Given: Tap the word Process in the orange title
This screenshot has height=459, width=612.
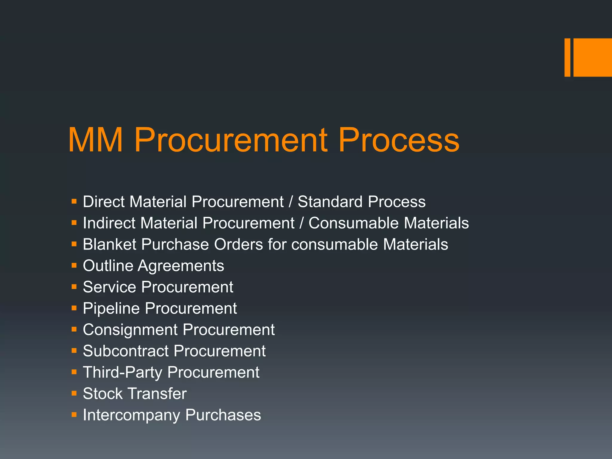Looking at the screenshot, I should click(x=399, y=140).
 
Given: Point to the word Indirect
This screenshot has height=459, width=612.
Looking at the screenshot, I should click(x=109, y=223).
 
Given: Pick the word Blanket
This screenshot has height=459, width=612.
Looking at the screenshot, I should click(x=110, y=244).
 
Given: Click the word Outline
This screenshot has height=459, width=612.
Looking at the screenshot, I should click(x=108, y=266).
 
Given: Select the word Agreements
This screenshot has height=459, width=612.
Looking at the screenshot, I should click(x=181, y=266).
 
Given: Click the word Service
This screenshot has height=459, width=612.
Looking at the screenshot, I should click(x=110, y=287).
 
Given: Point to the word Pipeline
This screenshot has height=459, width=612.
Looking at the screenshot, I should click(x=111, y=308).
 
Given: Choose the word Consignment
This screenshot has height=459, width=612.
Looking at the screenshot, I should click(x=130, y=330).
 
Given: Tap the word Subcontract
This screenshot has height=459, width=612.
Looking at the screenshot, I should click(x=126, y=351).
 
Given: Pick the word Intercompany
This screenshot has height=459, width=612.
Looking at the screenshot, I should click(x=131, y=415).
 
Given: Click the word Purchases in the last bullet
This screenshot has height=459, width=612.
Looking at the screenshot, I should click(x=223, y=415).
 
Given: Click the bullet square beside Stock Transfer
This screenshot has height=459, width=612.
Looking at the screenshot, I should click(x=74, y=394).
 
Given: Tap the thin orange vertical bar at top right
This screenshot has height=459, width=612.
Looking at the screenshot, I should click(x=567, y=57).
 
